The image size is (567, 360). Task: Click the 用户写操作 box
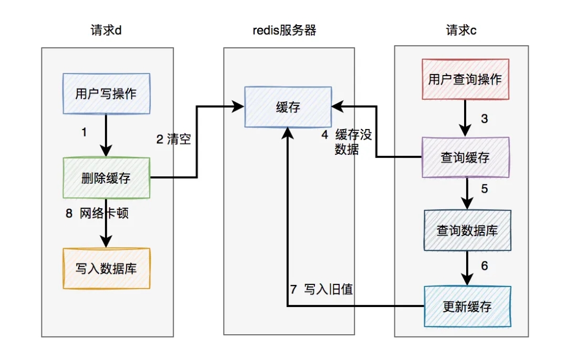[x=106, y=94]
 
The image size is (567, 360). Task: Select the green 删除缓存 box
[x=106, y=178]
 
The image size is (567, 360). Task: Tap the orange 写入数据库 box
[x=106, y=268]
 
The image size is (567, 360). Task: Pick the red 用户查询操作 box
[x=465, y=79]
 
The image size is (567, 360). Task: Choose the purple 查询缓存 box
[x=465, y=157]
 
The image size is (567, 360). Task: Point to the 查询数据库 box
[x=467, y=230]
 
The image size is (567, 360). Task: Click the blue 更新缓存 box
[x=467, y=306]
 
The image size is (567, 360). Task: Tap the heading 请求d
[x=107, y=30]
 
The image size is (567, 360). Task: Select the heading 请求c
[x=461, y=30]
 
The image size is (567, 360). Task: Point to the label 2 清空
[x=173, y=140]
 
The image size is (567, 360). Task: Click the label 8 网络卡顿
[x=97, y=214]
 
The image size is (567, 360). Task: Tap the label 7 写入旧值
[x=321, y=289]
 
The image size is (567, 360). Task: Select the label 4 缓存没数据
[x=347, y=142]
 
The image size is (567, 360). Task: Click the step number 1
[x=84, y=133]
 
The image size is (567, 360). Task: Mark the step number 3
[x=485, y=119]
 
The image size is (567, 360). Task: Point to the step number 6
[x=485, y=266]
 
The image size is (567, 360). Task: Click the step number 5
[x=485, y=189]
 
